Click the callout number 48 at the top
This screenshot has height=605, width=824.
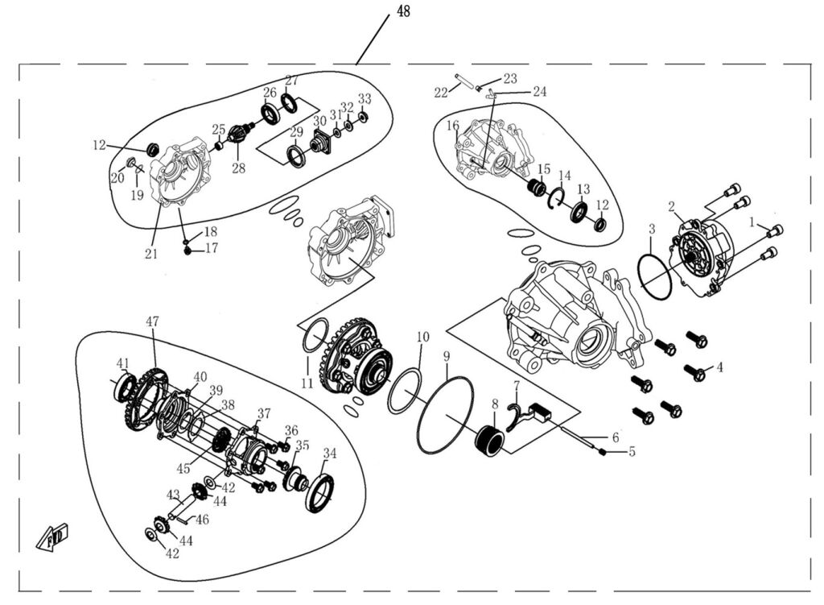(x=402, y=13)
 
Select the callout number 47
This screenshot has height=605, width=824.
(x=152, y=321)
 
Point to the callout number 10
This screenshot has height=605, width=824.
(x=423, y=336)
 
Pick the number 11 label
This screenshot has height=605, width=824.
(x=307, y=383)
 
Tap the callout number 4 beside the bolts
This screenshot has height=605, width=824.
(x=719, y=367)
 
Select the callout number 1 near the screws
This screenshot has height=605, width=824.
(x=752, y=220)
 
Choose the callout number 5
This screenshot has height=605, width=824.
(x=632, y=452)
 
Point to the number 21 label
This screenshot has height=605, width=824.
(x=151, y=255)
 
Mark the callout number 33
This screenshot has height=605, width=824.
(x=365, y=98)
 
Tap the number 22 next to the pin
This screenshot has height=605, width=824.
(x=441, y=93)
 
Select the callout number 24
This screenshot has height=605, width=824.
(x=539, y=91)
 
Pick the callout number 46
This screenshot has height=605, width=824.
(x=202, y=520)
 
